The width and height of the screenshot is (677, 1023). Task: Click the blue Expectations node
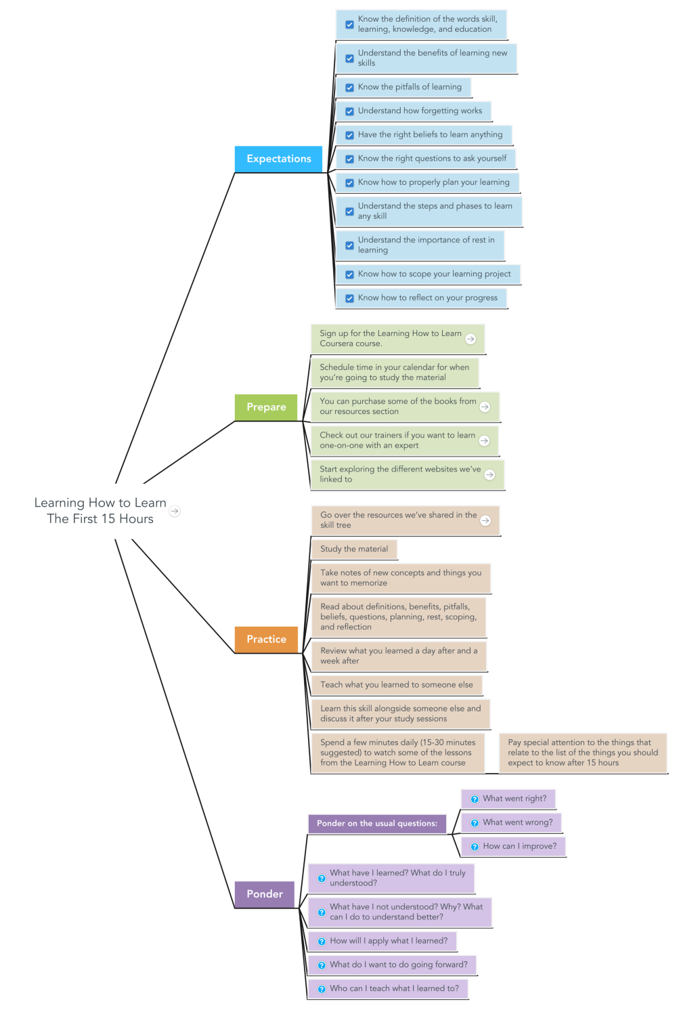point(278,159)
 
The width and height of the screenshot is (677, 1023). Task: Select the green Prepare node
point(266,407)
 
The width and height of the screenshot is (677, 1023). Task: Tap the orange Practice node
point(266,640)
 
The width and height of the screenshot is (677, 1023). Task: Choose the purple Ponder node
point(264,894)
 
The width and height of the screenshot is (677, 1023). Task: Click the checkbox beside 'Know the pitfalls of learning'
point(349,87)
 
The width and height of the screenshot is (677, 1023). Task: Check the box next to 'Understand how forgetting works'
point(349,111)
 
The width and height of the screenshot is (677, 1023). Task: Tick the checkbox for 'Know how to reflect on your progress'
point(349,298)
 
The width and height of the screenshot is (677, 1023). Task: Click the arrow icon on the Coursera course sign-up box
point(471,339)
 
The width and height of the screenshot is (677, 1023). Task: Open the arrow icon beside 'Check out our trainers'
point(484,440)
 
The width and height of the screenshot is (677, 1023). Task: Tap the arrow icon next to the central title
point(175,511)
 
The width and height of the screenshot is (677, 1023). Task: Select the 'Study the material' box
point(354,549)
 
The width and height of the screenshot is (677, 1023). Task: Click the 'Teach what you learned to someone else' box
point(396,685)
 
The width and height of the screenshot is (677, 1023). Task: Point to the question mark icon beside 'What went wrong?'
point(475,823)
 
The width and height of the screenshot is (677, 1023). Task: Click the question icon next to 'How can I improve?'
point(475,847)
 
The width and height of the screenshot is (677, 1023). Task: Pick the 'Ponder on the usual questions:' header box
point(377,824)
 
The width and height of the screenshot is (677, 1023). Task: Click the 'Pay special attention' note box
point(583,753)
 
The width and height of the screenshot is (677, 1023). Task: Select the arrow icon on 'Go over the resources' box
point(485,520)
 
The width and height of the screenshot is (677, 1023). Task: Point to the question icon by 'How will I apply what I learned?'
point(322,942)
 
